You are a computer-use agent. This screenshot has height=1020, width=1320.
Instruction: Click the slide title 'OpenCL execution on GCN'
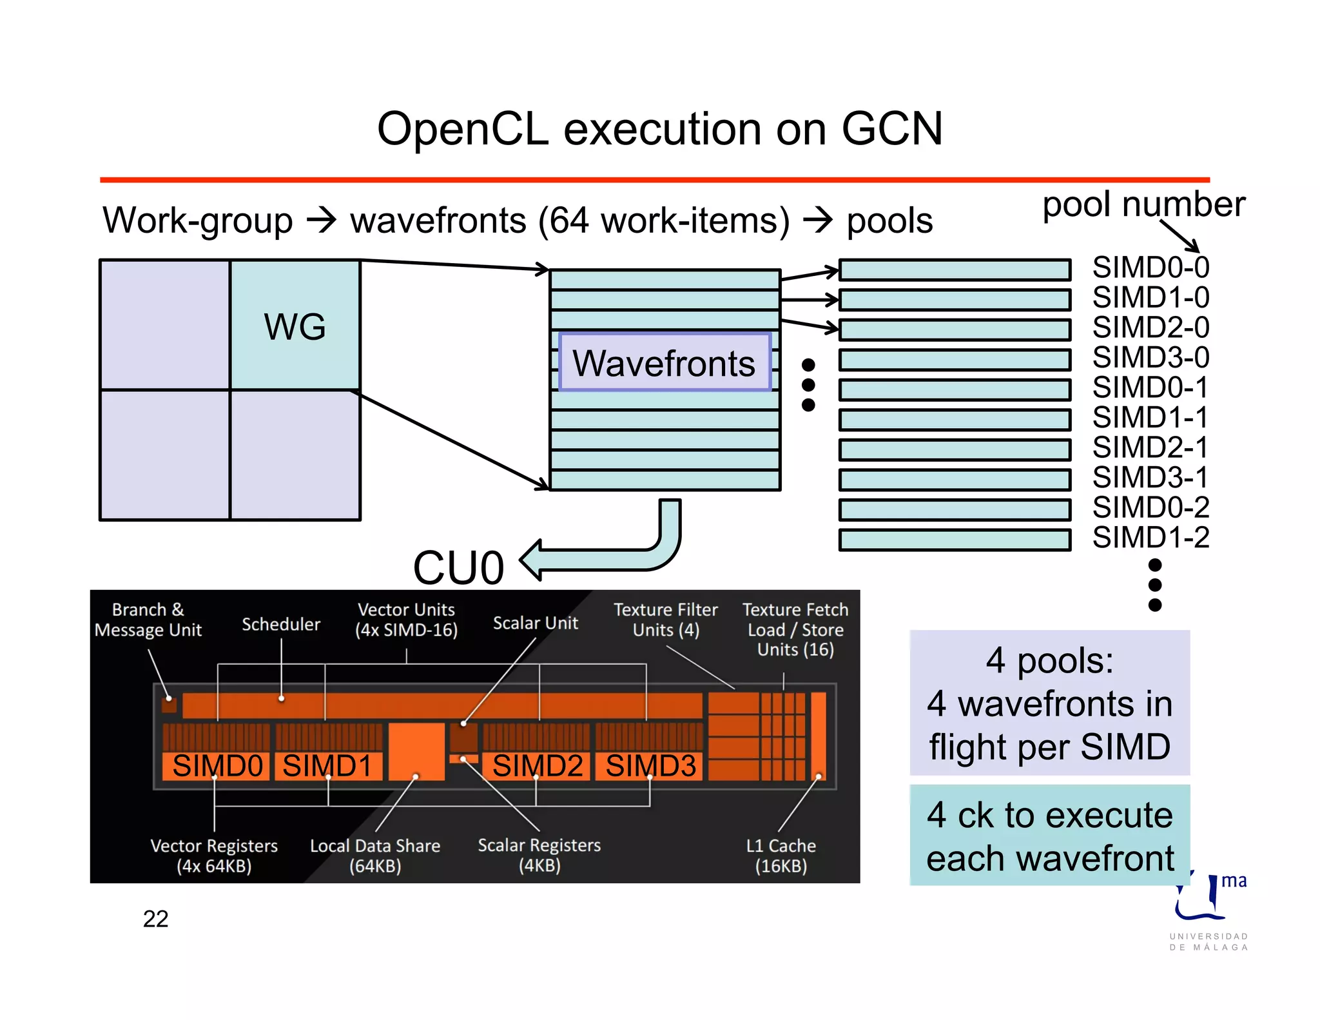pos(659,128)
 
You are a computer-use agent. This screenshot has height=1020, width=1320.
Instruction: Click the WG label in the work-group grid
pos(295,326)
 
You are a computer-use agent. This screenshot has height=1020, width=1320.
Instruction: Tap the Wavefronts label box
pos(665,362)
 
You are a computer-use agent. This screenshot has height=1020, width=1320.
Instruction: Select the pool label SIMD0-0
pos(1150,267)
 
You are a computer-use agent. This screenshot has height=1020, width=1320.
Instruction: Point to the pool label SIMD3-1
pos(1150,477)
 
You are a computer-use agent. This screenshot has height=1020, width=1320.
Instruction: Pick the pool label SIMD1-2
pos(1150,537)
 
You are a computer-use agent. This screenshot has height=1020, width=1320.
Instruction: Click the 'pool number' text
pos(1143,204)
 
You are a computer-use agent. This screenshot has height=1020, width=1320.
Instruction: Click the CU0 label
pos(458,568)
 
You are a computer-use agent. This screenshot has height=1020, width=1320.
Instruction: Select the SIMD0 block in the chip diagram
pos(217,766)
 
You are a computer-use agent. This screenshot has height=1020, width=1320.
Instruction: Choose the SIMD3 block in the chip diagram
pos(650,766)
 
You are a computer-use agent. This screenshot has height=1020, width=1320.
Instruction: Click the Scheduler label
pos(280,624)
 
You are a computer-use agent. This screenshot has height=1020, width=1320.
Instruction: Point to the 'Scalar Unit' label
pos(535,623)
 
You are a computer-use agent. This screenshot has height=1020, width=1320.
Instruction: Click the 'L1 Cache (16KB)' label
pos(781,855)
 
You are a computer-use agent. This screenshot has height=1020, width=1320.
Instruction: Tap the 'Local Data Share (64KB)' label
pos(375,855)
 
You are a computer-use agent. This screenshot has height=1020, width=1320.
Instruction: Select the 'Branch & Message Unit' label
pos(148,620)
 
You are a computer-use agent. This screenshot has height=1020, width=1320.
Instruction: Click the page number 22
pos(155,919)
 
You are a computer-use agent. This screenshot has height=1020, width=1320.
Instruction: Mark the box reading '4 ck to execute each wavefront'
pos(1049,836)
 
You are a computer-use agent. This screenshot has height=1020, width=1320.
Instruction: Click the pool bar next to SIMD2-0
pos(955,329)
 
